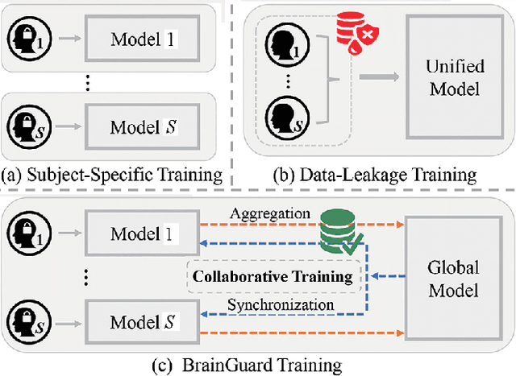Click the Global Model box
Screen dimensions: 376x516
[452, 278]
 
